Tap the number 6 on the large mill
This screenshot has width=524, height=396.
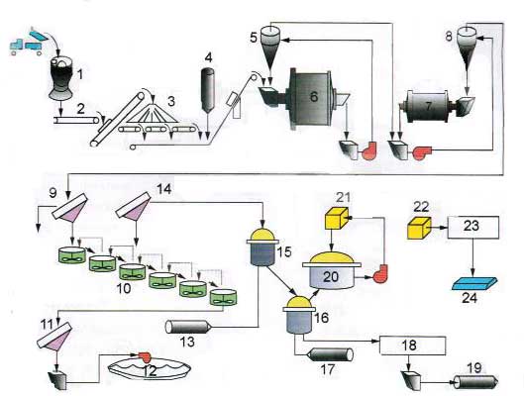[314, 96]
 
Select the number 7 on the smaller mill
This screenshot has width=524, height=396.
[429, 107]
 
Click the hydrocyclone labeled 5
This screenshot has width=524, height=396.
[272, 47]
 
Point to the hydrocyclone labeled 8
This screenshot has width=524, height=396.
[467, 47]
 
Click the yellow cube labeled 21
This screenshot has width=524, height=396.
[337, 218]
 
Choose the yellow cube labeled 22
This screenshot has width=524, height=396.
[419, 228]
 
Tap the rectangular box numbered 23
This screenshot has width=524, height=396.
[473, 227]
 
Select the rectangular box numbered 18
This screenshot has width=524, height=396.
[413, 346]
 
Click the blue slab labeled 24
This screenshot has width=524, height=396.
[474, 284]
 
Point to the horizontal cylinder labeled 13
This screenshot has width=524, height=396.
[187, 327]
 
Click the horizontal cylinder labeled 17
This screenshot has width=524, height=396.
[330, 354]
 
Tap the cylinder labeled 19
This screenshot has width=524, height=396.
[475, 382]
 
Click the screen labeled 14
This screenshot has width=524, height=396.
[134, 205]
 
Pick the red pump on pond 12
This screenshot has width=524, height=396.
[145, 357]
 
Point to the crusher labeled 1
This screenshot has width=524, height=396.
[60, 78]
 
